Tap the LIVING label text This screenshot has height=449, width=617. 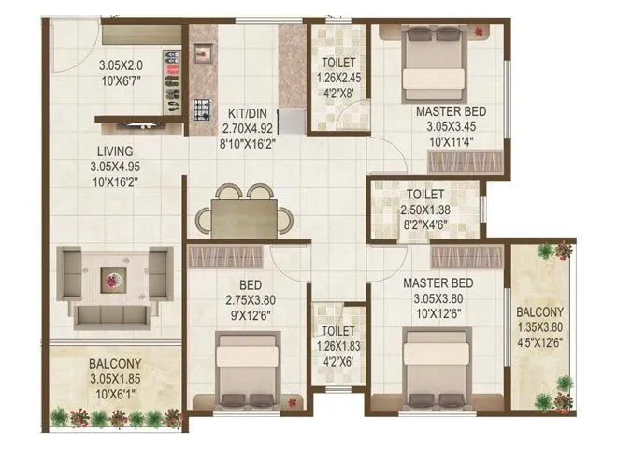tap(113, 151)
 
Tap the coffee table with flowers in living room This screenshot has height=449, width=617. tap(114, 278)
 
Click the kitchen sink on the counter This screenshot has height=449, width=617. tap(200, 54)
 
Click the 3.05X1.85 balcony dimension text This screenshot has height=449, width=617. tap(115, 378)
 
